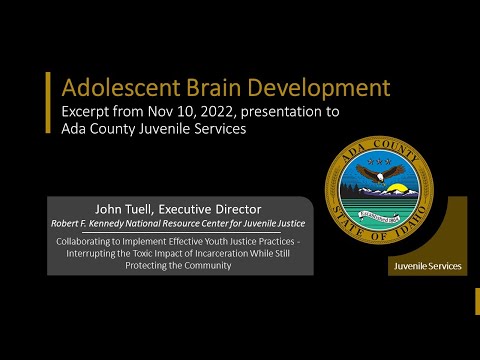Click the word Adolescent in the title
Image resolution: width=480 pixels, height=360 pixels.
pyautogui.click(x=107, y=84)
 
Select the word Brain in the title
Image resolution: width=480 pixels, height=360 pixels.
pyautogui.click(x=192, y=84)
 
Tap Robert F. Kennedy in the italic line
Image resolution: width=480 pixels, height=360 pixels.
pyautogui.click(x=97, y=224)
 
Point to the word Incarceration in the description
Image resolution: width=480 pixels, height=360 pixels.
pyautogui.click(x=200, y=253)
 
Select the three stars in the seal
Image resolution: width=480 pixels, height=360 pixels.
pyautogui.click(x=380, y=159)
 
